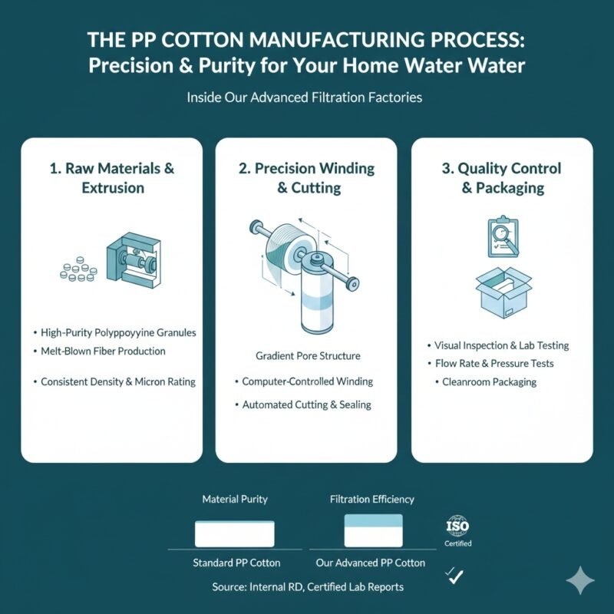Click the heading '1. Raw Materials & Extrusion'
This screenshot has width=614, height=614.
[112, 177]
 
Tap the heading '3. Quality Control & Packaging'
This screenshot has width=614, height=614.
[501, 177]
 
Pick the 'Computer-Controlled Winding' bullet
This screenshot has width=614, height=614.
[307, 381]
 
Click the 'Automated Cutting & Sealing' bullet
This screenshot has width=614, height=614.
[307, 405]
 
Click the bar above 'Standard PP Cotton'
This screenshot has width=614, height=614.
[235, 533]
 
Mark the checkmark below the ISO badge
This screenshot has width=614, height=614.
[456, 575]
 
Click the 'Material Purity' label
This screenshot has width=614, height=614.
[235, 499]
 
